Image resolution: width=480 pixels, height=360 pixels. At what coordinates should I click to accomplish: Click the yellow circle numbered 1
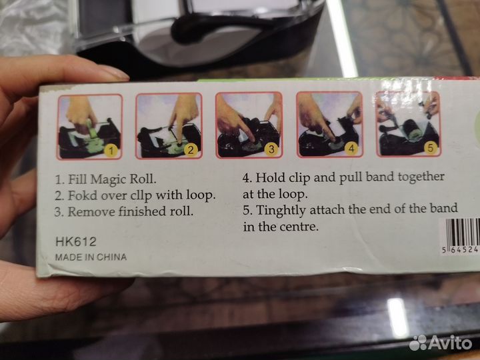pyautogui.click(x=111, y=150)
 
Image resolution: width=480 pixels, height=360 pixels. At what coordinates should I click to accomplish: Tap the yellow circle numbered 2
pyautogui.click(x=191, y=150)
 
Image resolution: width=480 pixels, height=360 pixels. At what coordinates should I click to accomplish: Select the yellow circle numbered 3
pyautogui.click(x=271, y=149)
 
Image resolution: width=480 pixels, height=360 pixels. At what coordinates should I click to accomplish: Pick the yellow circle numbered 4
pyautogui.click(x=351, y=149)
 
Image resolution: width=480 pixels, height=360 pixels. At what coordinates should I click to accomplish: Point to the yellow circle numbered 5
pyautogui.click(x=431, y=148)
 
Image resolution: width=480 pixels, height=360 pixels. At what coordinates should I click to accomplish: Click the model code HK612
pyautogui.click(x=76, y=242)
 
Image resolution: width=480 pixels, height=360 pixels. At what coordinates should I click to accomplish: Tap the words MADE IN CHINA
pyautogui.click(x=91, y=257)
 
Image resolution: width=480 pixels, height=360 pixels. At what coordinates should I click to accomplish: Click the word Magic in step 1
pyautogui.click(x=109, y=179)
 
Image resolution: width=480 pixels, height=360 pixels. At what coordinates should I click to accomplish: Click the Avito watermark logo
pyautogui.click(x=441, y=343)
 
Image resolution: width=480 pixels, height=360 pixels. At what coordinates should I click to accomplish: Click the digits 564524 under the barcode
pyautogui.click(x=460, y=250)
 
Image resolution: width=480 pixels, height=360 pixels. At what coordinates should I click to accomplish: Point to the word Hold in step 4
pyautogui.click(x=268, y=177)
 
